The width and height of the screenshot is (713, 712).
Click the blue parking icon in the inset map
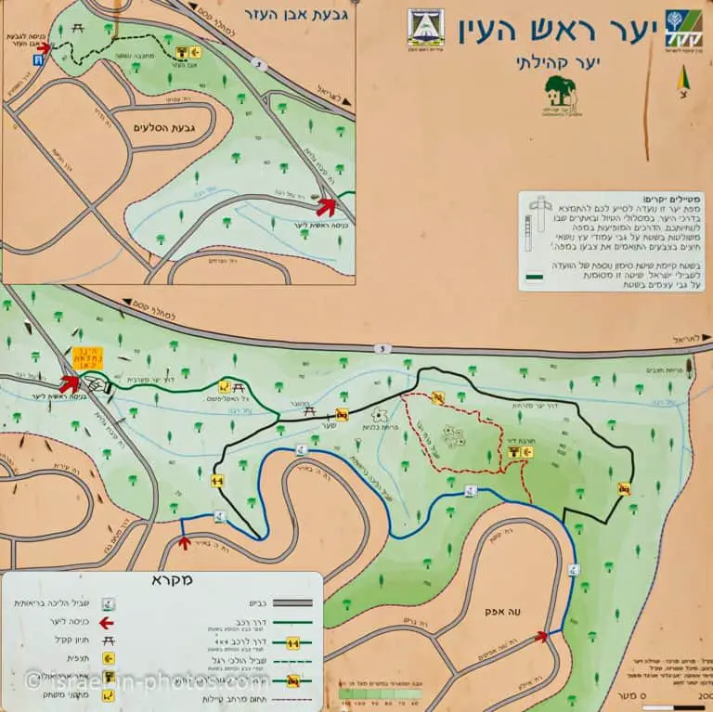pyautogui.click(x=37, y=59)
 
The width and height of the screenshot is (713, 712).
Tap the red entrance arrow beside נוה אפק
pyautogui.click(x=541, y=636)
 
